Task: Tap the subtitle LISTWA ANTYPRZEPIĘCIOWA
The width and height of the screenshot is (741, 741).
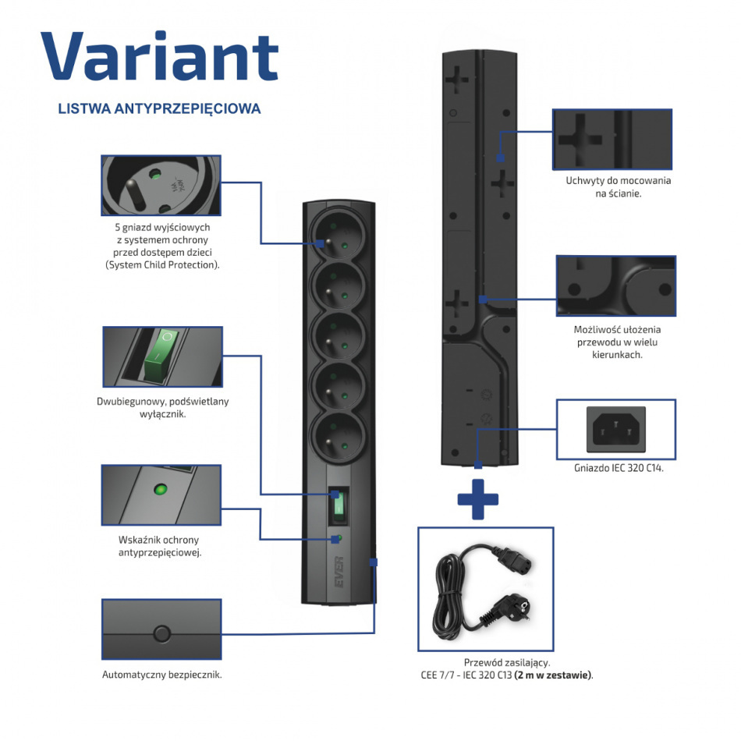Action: (159, 109)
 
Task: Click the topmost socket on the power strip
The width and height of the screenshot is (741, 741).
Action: (337, 234)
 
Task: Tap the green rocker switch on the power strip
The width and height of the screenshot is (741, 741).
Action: (338, 506)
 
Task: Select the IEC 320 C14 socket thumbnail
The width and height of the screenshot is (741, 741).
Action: (615, 429)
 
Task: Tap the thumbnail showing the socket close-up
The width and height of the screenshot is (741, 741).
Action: (161, 185)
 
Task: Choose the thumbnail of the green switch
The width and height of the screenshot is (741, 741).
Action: (162, 356)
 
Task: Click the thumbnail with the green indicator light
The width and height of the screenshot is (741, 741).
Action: (161, 495)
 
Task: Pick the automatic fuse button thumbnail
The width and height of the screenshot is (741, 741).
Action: (161, 629)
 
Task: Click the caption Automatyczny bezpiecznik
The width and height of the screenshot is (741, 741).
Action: (162, 675)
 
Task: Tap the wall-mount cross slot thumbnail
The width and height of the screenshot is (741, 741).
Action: (612, 139)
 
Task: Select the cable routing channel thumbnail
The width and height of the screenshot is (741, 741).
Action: (615, 285)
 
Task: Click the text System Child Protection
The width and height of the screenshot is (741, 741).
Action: (162, 265)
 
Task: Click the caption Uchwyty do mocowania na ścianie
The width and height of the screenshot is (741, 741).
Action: (618, 187)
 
